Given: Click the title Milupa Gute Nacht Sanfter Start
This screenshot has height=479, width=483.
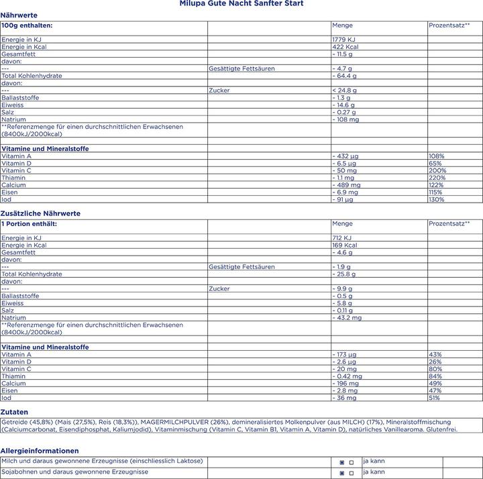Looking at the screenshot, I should tap(241, 4).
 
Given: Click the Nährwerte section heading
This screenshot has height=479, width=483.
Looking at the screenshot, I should tap(19, 15).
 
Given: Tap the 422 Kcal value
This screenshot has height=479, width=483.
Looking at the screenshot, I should tap(345, 47).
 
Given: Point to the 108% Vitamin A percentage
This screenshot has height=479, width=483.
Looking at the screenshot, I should tap(436, 156).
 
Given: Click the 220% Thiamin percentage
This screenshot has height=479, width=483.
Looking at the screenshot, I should tap(437, 178).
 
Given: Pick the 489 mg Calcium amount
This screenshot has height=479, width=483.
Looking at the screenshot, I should tap(347, 185).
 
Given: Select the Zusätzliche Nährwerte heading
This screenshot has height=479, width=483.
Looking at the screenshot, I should tap(40, 213).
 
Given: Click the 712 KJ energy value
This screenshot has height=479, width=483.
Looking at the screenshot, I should tap(343, 237).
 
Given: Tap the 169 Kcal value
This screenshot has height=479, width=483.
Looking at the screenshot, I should tap(345, 245).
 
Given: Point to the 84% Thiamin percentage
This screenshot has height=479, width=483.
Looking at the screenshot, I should tap(435, 376).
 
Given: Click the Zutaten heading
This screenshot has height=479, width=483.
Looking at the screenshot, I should tap(14, 412).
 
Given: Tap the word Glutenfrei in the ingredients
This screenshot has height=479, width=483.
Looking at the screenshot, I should tap(441, 429).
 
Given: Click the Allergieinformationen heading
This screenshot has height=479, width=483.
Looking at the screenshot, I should tap(40, 451).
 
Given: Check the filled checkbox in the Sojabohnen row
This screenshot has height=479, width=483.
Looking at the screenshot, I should tap(342, 473).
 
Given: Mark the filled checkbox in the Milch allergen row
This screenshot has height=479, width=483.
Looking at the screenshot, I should tap(342, 462).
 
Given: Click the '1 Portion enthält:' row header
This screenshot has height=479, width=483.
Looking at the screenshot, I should tap(30, 223).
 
